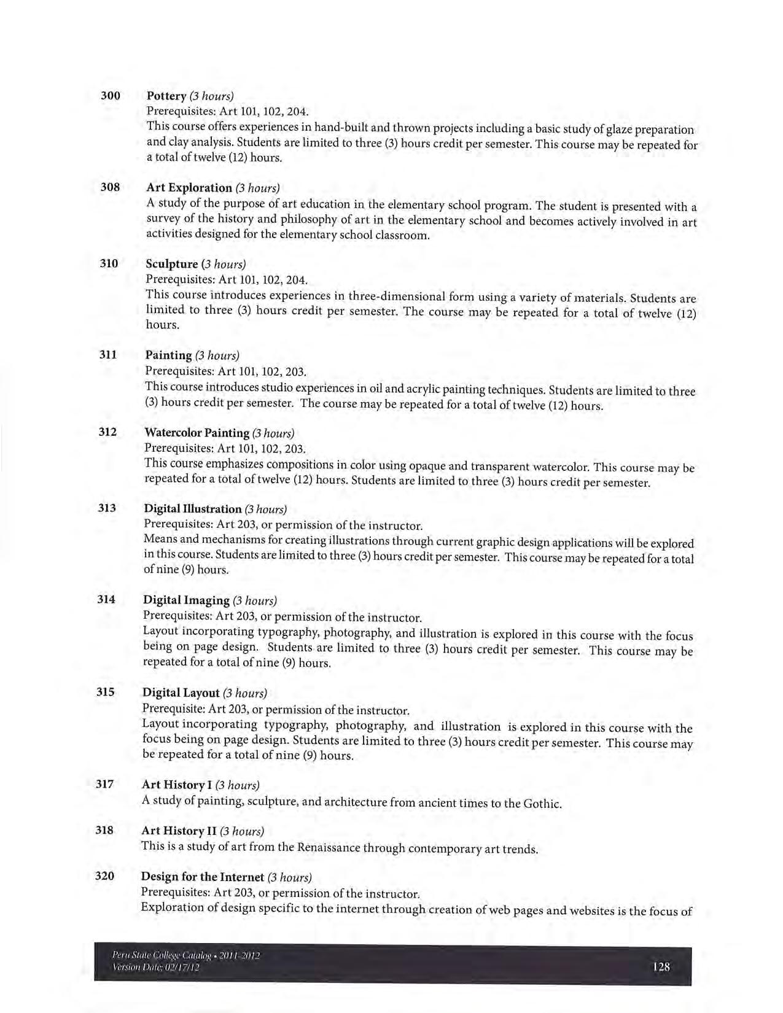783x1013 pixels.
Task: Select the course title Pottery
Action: pyautogui.click(x=166, y=96)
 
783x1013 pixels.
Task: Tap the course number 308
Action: pyautogui.click(x=110, y=187)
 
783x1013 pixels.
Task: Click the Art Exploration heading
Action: pyautogui.click(x=189, y=187)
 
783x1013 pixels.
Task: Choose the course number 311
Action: pyautogui.click(x=108, y=354)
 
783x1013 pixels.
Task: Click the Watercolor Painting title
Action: pyautogui.click(x=197, y=433)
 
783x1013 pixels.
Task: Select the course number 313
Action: pyautogui.click(x=107, y=508)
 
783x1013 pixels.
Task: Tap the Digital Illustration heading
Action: pyautogui.click(x=193, y=509)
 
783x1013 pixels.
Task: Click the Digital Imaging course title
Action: pyautogui.click(x=186, y=600)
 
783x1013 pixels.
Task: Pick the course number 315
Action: pyautogui.click(x=106, y=692)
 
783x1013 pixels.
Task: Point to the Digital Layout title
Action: pyautogui.click(x=181, y=693)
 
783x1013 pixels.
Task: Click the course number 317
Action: pyautogui.click(x=105, y=783)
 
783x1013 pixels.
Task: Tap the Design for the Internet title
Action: pyautogui.click(x=203, y=877)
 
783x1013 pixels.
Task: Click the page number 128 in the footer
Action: pyautogui.click(x=661, y=967)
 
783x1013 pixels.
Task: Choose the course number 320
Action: pyautogui.click(x=104, y=875)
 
